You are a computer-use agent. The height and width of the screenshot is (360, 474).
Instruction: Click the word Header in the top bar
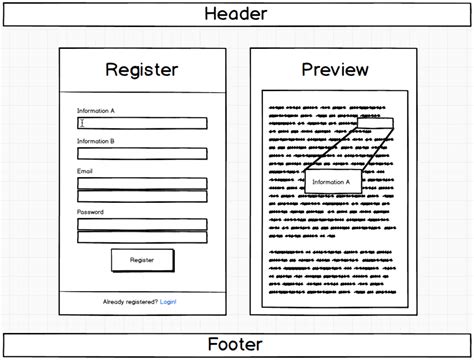point(235,14)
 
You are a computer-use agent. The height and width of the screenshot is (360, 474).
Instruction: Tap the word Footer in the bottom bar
point(235,345)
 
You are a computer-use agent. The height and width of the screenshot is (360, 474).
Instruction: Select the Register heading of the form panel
point(142,70)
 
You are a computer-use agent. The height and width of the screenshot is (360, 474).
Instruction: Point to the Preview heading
point(334,70)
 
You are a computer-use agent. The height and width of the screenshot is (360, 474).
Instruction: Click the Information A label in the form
point(96,110)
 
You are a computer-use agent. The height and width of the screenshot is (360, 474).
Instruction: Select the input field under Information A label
point(142,123)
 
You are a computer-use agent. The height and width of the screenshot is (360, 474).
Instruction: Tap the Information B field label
point(96,141)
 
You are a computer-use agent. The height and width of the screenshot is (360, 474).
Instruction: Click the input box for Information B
point(142,154)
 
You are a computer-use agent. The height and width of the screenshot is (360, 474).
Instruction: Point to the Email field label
point(85,172)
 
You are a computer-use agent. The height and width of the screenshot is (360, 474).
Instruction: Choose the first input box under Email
point(142,183)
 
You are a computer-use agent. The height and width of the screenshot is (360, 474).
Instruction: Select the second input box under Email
point(142,196)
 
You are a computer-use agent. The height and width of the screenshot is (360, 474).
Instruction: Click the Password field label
point(89,212)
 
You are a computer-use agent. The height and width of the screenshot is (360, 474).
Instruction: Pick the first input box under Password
point(142,224)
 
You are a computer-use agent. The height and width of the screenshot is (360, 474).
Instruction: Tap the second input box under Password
point(142,237)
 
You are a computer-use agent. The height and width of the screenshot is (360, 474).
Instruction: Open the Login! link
point(168,301)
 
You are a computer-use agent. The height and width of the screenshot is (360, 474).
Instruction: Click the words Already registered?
point(130,301)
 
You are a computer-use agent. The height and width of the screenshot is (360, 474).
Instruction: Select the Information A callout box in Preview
point(332,181)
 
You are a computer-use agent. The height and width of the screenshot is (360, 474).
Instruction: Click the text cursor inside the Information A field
point(81,123)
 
